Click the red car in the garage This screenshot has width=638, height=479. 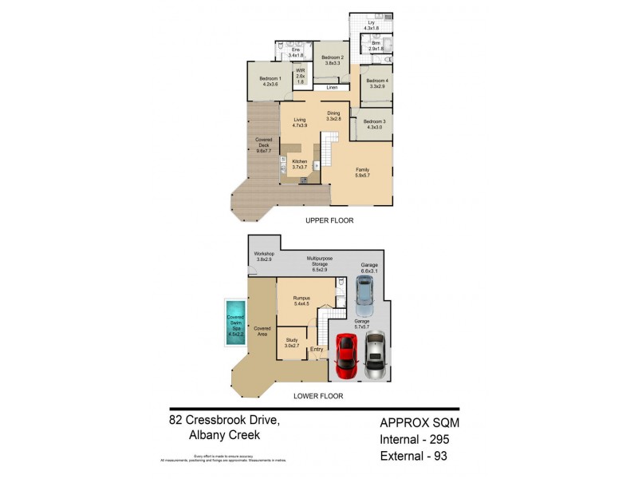(x=345, y=355)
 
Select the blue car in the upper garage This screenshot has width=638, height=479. (x=363, y=296)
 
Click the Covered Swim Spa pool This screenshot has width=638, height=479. (x=234, y=323)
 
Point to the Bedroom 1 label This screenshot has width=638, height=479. (x=269, y=81)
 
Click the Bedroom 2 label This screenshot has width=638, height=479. (x=333, y=60)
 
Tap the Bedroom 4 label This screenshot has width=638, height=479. (x=376, y=84)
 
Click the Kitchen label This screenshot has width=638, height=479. (x=299, y=164)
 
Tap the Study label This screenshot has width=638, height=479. (x=292, y=342)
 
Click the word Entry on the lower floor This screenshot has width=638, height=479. (x=317, y=349)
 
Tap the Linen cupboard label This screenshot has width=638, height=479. (x=332, y=87)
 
